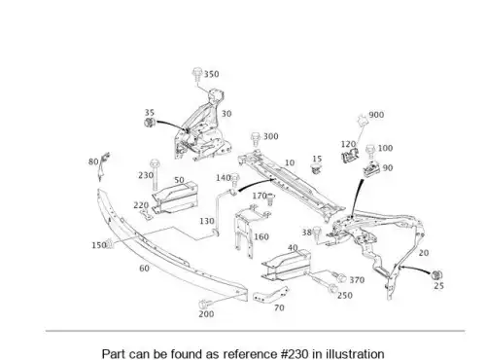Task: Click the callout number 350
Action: click(x=211, y=74)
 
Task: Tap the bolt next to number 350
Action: click(x=196, y=74)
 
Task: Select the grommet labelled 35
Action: click(x=150, y=123)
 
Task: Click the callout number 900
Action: click(x=376, y=115)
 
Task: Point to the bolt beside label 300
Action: click(x=256, y=139)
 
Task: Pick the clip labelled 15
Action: click(x=316, y=169)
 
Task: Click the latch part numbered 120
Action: click(x=350, y=155)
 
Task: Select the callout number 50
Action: click(x=179, y=180)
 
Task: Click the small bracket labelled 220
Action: click(x=146, y=214)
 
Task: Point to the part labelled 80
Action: click(x=103, y=166)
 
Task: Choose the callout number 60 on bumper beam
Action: click(x=144, y=269)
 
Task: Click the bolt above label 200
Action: click(x=204, y=305)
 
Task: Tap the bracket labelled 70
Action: click(x=270, y=295)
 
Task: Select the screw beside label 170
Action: click(x=270, y=198)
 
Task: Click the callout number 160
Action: click(x=261, y=236)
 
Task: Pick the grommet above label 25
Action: click(x=437, y=274)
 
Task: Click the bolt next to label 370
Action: click(x=339, y=277)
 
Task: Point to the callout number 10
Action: click(x=290, y=162)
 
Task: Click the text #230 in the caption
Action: click(x=295, y=353)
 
